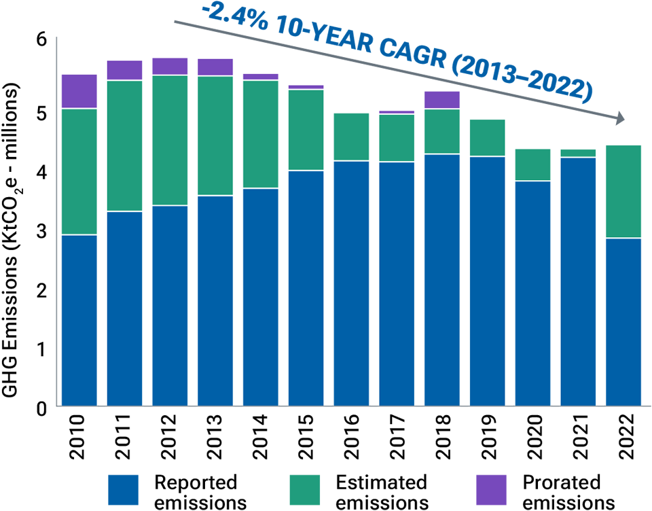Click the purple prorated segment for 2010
coord(79,91)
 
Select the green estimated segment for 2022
coord(623,191)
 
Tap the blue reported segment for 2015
coord(306,288)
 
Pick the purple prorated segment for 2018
coord(441,100)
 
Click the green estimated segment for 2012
coord(170,140)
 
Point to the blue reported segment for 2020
coord(532,294)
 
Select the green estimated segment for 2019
coord(487,138)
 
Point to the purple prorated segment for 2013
coord(215,67)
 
